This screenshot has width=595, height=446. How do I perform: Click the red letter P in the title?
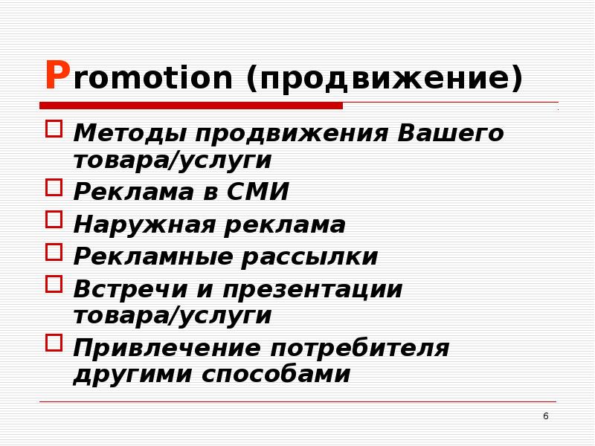(57, 76)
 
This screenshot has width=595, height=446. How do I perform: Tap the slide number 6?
(545, 416)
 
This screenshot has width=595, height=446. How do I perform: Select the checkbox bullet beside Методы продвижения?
(54, 129)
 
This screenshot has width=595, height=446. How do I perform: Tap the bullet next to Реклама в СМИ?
(54, 187)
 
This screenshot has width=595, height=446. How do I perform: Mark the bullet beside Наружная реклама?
(54, 219)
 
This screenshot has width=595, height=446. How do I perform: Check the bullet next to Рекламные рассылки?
(54, 251)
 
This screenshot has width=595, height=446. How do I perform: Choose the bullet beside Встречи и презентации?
(54, 283)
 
